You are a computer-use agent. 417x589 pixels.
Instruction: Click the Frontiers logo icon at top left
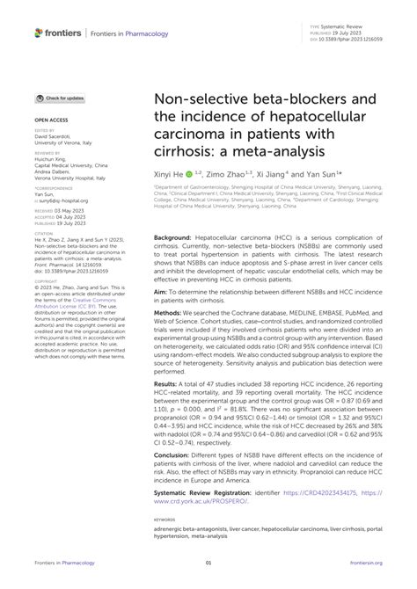[x=39, y=33]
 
